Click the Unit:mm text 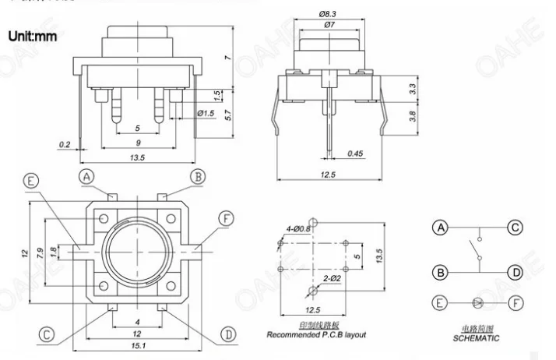(x=32, y=36)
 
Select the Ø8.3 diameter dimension (x=327, y=14)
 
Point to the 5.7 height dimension (x=228, y=115)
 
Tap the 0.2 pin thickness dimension (x=65, y=144)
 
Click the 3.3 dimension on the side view (x=412, y=89)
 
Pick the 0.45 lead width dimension (x=355, y=154)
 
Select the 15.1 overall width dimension (x=138, y=345)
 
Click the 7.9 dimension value (x=40, y=252)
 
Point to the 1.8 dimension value (x=53, y=252)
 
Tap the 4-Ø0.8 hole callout (x=297, y=229)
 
